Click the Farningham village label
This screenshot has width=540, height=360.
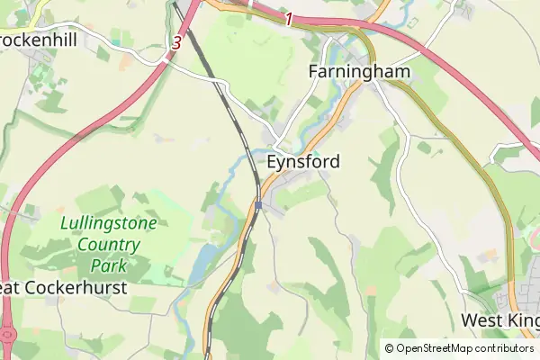(359, 71)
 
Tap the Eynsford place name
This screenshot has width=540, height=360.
(303, 162)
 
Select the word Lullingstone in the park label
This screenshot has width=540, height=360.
(109, 222)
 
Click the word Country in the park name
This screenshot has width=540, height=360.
(108, 244)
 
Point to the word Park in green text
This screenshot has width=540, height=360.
(108, 265)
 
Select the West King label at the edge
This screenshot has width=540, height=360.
(499, 320)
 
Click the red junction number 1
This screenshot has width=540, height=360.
(288, 18)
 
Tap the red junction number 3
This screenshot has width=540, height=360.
(176, 41)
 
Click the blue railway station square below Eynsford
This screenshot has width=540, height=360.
(258, 205)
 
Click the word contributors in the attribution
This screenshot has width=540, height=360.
(503, 348)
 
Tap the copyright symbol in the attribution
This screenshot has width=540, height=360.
(389, 348)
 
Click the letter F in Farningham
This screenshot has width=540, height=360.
(314, 71)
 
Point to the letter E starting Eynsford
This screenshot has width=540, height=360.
(273, 162)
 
